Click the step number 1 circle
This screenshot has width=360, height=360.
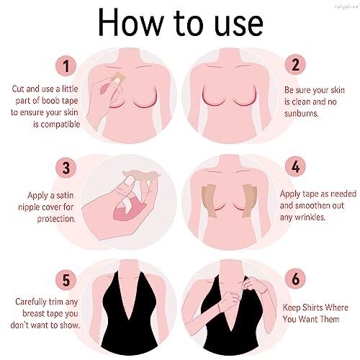[67, 67]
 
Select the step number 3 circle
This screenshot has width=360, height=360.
[67, 168]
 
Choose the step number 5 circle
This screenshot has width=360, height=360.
[67, 277]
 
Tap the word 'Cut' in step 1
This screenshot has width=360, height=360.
[19, 89]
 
